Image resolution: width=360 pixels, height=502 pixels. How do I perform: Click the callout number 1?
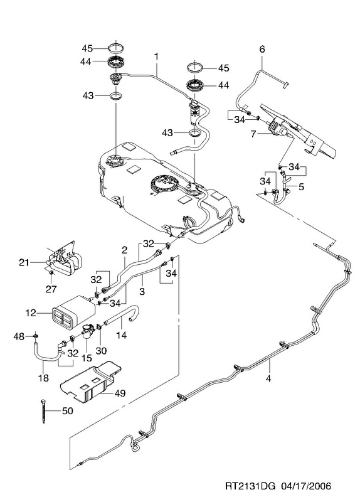pos(156,56)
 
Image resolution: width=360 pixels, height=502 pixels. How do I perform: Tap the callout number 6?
pos(262,50)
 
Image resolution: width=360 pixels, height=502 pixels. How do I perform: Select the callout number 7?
pos(253,134)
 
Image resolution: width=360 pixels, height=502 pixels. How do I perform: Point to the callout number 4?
pos(268,378)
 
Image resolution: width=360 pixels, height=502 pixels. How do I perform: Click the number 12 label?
pos(31,312)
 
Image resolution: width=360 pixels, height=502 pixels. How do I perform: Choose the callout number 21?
pos(24,262)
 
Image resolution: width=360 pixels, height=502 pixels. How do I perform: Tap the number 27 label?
pos(51,289)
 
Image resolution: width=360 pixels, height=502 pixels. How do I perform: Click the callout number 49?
pos(120,393)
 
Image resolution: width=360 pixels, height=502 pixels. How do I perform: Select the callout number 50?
pos(68,410)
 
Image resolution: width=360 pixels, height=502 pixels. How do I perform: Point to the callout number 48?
pos(19,336)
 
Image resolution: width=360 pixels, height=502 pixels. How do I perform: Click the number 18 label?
pos(43,378)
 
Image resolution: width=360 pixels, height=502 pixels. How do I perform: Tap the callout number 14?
pos(122,335)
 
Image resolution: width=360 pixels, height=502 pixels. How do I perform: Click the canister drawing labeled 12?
pos(73,312)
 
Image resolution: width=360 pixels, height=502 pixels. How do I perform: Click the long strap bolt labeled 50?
pos(43,411)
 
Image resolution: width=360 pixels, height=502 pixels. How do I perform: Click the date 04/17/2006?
pos(306,486)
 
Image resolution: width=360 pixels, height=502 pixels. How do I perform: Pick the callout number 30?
pos(101,351)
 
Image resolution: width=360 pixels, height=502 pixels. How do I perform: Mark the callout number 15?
pos(87,357)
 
